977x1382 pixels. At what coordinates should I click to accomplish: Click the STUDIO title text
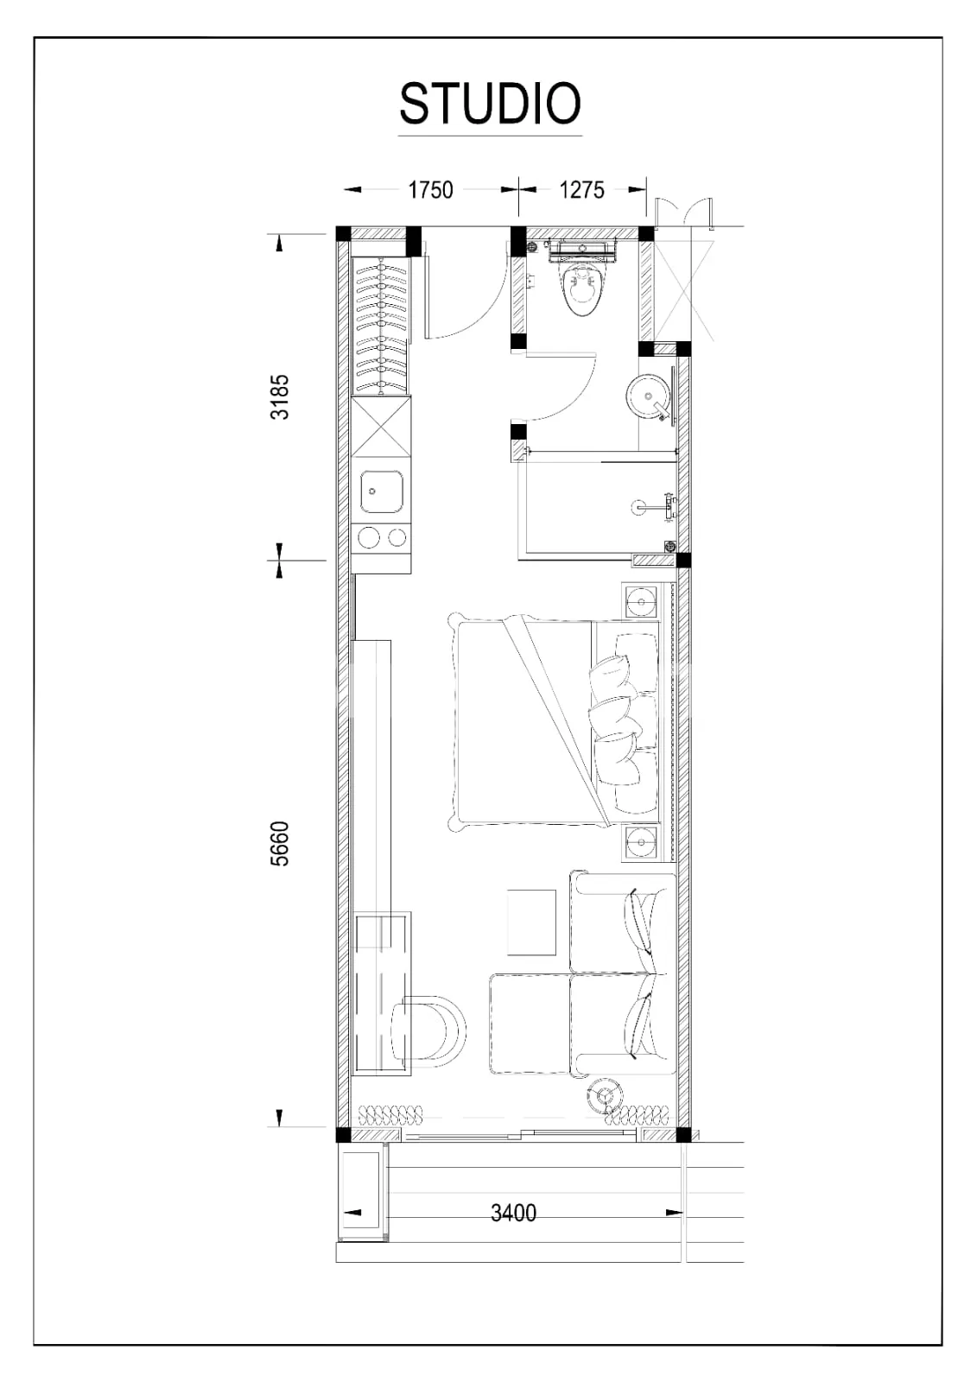coord(490,103)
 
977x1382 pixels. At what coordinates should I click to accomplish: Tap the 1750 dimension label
coord(431,190)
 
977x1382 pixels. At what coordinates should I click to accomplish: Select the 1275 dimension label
coord(581,190)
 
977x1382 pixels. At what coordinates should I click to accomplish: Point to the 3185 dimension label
coord(280,396)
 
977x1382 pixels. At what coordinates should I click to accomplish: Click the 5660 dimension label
coord(280,843)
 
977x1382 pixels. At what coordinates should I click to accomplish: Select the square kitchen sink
coord(382,492)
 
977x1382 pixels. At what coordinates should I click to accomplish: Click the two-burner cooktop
coord(382,538)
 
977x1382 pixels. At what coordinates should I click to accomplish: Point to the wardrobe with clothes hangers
coord(380,326)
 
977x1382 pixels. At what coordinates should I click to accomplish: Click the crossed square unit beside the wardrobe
coord(382,427)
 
